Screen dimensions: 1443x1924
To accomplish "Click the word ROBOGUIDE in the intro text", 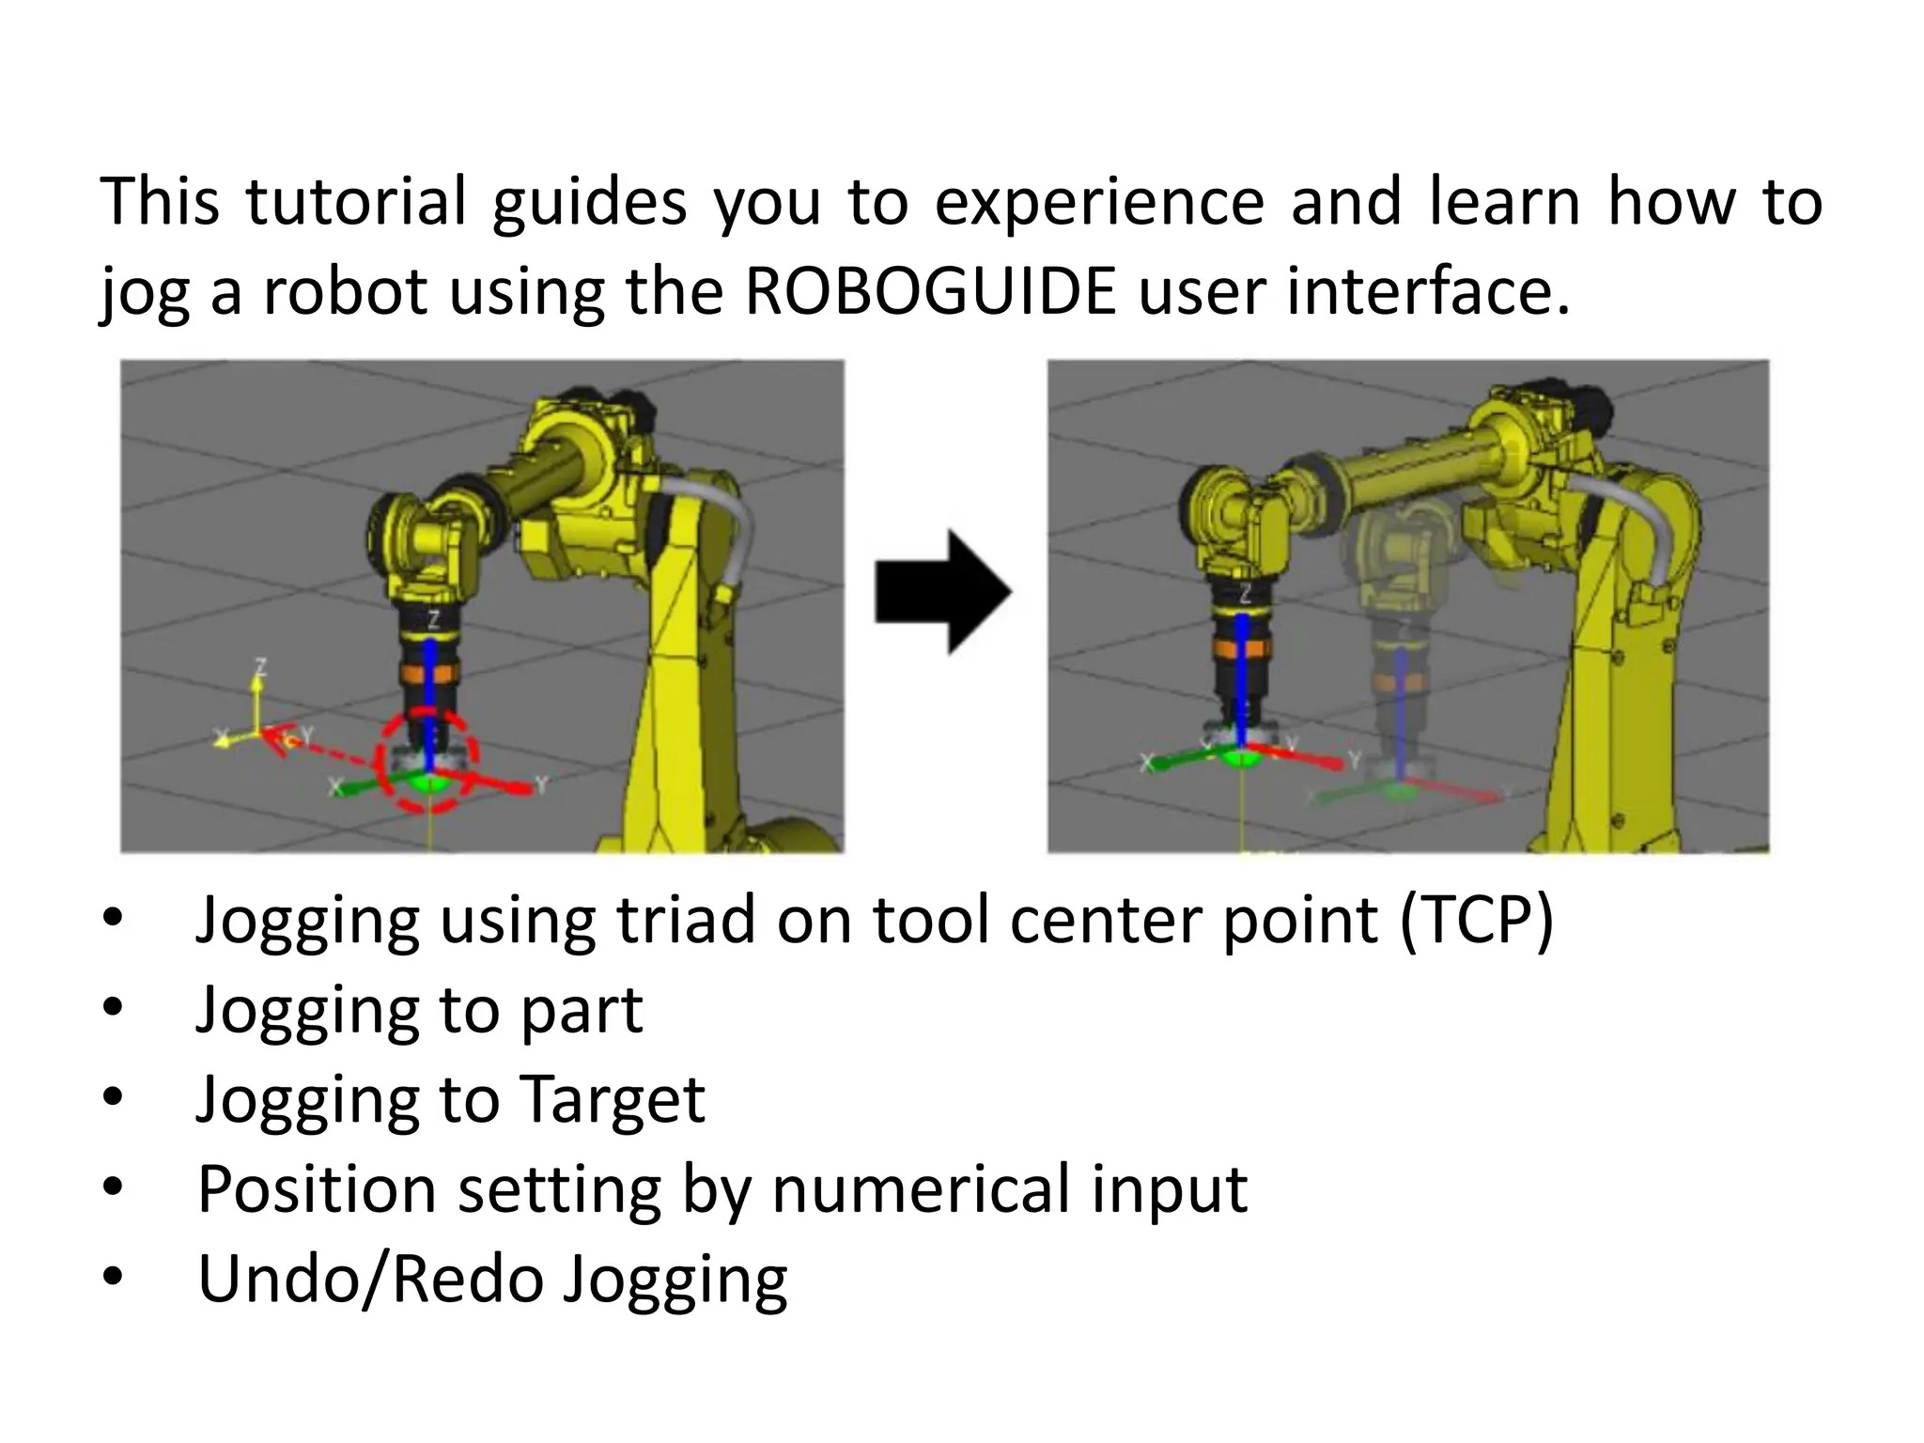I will pyautogui.click(x=930, y=291).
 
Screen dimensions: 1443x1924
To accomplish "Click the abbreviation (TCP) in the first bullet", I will pyautogui.click(x=1476, y=920).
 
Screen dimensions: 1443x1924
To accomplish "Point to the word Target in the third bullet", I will pyautogui.click(x=611, y=1100).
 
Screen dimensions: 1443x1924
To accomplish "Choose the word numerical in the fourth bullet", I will pyautogui.click(x=921, y=1190).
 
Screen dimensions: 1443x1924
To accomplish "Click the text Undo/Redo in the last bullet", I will pyautogui.click(x=370, y=1280).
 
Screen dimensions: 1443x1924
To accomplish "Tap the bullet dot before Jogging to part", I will pyautogui.click(x=113, y=1009).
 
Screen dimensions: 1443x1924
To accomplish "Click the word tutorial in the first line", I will pyautogui.click(x=356, y=202).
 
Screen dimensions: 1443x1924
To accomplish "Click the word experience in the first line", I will pyautogui.click(x=1098, y=202).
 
